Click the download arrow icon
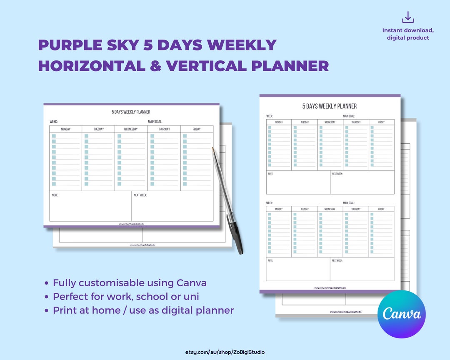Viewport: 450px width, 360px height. [407, 17]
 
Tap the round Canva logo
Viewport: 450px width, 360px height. [402, 314]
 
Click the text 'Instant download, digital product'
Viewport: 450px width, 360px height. [408, 34]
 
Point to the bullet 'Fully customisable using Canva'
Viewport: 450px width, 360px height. [130, 283]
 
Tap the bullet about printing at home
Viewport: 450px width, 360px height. [143, 310]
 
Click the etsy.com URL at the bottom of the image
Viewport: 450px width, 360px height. [225, 352]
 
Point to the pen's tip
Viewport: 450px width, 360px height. [212, 148]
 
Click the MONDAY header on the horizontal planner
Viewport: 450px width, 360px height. [66, 129]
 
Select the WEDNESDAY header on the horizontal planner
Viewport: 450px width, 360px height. [131, 129]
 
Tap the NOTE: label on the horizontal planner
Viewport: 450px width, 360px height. [55, 195]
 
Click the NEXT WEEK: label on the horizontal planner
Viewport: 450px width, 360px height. [140, 195]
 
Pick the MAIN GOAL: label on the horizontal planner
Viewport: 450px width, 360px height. [158, 122]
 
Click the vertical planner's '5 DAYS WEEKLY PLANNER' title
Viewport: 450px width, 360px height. [330, 106]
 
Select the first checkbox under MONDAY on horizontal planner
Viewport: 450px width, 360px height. [54, 136]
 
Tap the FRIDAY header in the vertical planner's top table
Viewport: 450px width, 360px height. [381, 122]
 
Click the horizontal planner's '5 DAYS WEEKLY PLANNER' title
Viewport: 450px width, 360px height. [131, 112]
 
